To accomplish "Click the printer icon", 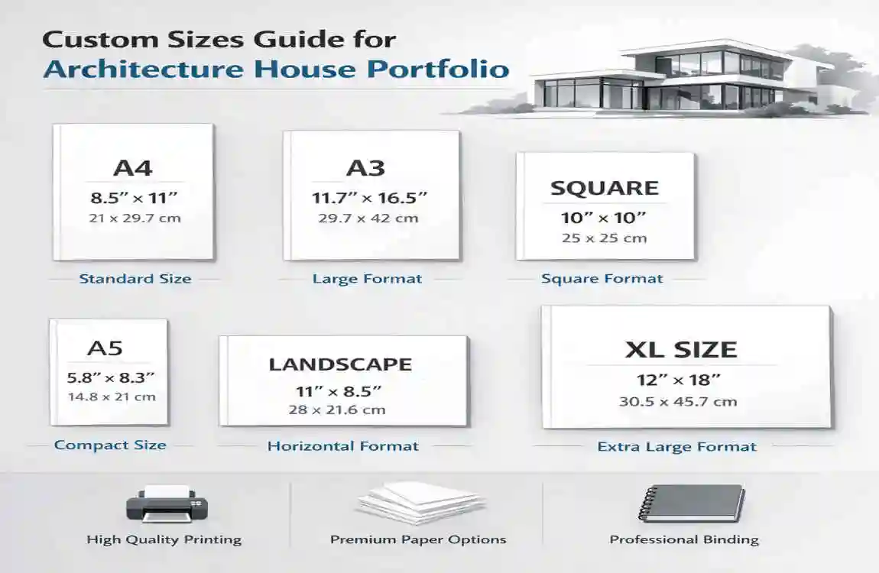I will (x=166, y=503).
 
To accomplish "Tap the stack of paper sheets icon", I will (x=420, y=502).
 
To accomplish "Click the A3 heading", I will (x=365, y=168).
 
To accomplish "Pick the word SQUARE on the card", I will (x=604, y=189).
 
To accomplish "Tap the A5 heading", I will (x=105, y=348).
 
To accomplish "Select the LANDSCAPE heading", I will (x=340, y=364).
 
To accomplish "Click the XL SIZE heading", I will (x=681, y=350).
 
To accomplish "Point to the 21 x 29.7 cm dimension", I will (x=134, y=219).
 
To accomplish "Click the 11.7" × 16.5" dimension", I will (x=370, y=198).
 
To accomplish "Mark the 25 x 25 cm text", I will (x=604, y=238).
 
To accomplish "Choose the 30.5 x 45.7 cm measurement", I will (x=678, y=401).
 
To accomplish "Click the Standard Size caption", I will (x=135, y=279).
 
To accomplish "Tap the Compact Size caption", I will (x=110, y=445).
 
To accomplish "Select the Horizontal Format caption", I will (x=342, y=446).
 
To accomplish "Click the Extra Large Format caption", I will (x=676, y=447).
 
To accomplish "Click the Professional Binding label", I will (x=684, y=539).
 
